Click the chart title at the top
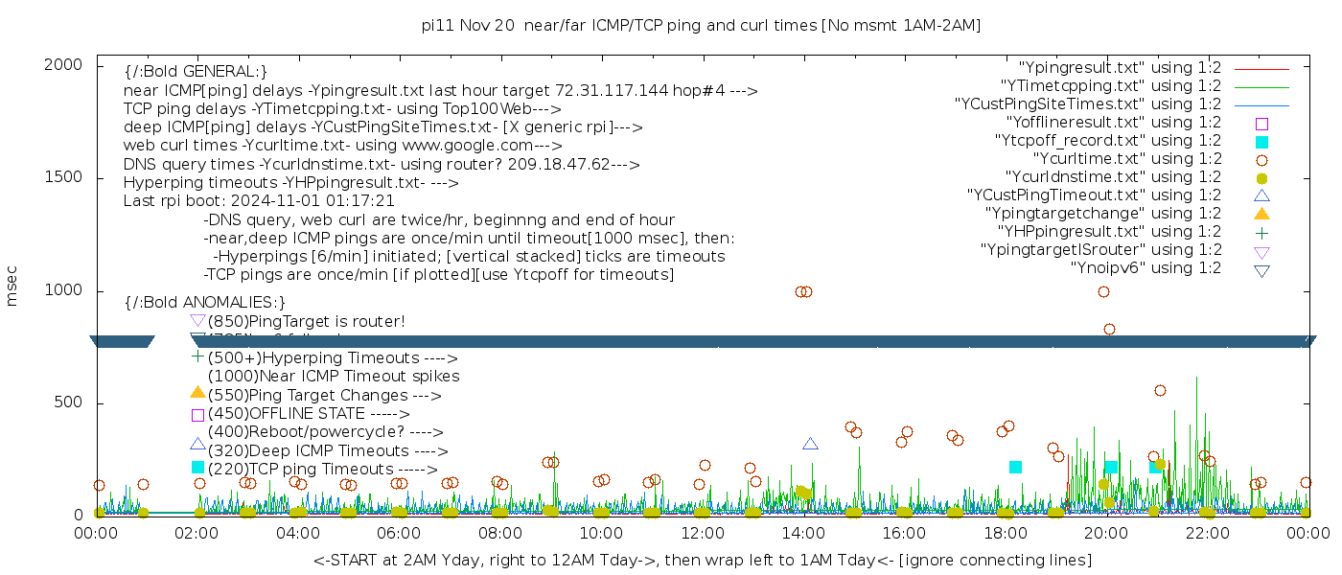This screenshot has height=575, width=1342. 701,25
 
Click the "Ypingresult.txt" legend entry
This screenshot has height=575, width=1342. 1120,68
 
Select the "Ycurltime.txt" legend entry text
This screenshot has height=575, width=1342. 1126,159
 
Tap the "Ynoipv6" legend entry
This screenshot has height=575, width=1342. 1145,268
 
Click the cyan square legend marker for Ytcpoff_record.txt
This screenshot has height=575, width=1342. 1261,142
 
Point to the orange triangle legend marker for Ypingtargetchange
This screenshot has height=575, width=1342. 1261,214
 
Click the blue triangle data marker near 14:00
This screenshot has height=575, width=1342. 810,444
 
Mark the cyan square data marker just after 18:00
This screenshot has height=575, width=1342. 1015,467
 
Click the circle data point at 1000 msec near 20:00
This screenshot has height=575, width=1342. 1103,291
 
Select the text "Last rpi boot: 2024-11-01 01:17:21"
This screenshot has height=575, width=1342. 259,201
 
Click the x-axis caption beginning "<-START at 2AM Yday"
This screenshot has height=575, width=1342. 702,560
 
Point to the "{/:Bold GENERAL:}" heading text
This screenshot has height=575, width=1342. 196,72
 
